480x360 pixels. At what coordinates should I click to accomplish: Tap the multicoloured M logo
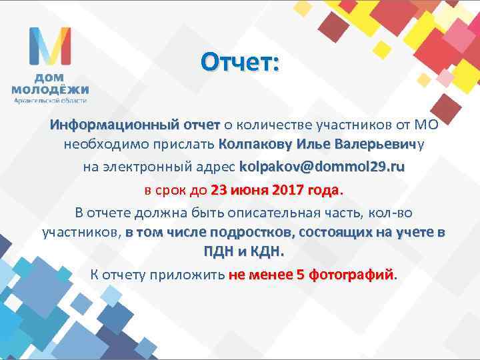point(49,46)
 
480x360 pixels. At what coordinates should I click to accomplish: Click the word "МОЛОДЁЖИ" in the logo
point(50,89)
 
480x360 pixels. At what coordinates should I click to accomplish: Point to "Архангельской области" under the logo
point(50,101)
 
